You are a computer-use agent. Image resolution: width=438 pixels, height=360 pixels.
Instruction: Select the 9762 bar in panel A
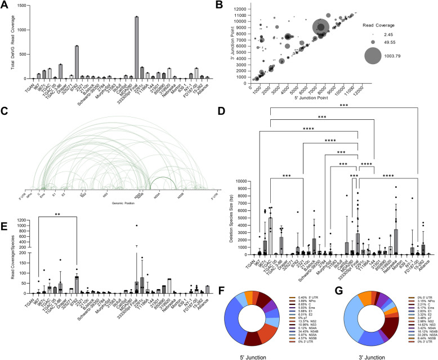(77, 62)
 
